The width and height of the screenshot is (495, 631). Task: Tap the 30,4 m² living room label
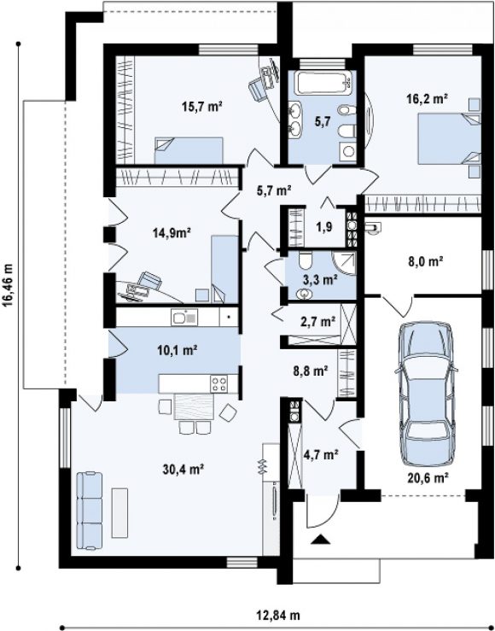(x=183, y=469)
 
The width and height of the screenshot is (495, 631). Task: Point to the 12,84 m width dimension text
(x=278, y=616)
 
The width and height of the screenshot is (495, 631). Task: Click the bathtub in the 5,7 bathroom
(x=324, y=83)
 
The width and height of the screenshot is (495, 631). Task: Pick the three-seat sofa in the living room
(x=90, y=511)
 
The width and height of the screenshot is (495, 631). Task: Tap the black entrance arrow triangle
(x=321, y=540)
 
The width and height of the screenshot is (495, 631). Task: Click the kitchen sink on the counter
(x=184, y=318)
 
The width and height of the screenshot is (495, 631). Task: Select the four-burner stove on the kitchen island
(x=218, y=384)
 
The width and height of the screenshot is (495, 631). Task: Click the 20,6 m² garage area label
(x=428, y=478)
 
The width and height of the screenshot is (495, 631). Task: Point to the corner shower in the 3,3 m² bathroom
(x=344, y=264)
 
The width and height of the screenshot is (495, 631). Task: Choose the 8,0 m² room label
(x=425, y=262)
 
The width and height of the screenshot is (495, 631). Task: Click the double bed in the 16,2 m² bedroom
(x=450, y=139)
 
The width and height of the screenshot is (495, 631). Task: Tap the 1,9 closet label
(x=323, y=227)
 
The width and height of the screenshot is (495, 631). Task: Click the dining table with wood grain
(x=194, y=406)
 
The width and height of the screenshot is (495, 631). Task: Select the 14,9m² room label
(x=172, y=232)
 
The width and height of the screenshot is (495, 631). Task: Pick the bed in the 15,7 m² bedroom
(x=189, y=150)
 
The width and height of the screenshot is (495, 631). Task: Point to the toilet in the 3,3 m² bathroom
(x=306, y=260)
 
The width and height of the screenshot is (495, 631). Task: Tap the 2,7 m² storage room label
(x=318, y=322)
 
